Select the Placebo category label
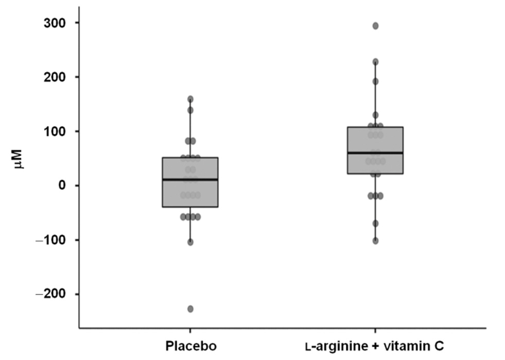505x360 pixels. pyautogui.click(x=190, y=346)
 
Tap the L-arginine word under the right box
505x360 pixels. pyautogui.click(x=334, y=346)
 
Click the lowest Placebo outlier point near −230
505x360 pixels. pyautogui.click(x=190, y=309)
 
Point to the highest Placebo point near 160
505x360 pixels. pyautogui.click(x=190, y=99)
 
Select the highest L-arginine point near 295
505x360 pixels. pyautogui.click(x=375, y=26)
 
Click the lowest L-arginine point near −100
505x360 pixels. pyautogui.click(x=375, y=241)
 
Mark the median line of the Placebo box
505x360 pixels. pyautogui.click(x=190, y=180)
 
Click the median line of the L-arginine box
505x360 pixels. pyautogui.click(x=375, y=153)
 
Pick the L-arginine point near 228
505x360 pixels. pyautogui.click(x=375, y=62)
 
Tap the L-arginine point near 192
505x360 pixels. pyautogui.click(x=375, y=81)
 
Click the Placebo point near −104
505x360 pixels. pyautogui.click(x=190, y=242)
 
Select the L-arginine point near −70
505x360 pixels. pyautogui.click(x=375, y=224)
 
